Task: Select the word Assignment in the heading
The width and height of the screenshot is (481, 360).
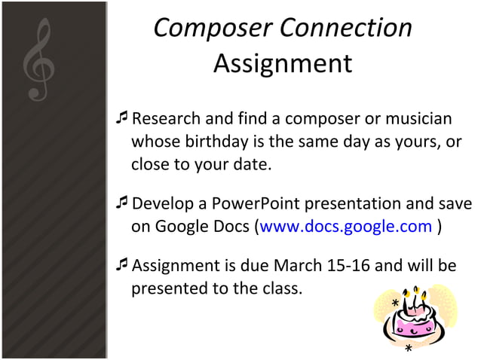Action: pos(282,63)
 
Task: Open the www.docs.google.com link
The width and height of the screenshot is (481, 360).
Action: pos(346,227)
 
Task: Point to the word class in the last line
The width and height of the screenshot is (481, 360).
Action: pos(280,288)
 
